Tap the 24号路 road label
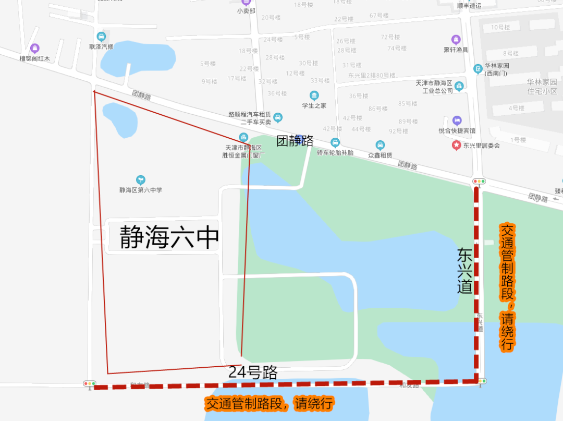click(252, 372)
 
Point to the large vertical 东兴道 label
click(464, 270)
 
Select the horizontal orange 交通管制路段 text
click(269, 404)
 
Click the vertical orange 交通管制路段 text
click(507, 287)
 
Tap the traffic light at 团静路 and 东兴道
click(479, 182)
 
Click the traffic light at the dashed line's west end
click(90, 383)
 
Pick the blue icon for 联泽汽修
click(101, 37)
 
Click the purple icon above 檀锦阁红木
click(35, 49)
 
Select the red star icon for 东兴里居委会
click(456, 145)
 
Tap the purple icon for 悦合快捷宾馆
click(457, 121)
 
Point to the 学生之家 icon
click(314, 95)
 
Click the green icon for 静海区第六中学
click(140, 180)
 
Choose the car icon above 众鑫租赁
click(380, 145)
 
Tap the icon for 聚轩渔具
click(456, 40)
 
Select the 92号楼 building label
click(398, 131)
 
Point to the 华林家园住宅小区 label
click(542, 86)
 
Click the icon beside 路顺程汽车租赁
click(278, 117)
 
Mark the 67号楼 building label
click(379, 16)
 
